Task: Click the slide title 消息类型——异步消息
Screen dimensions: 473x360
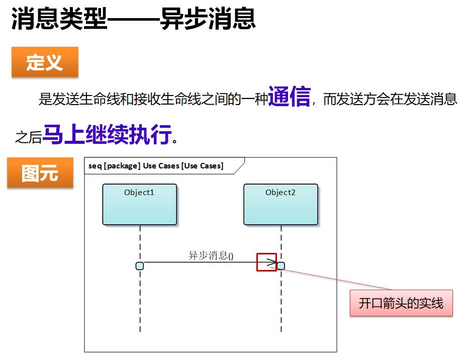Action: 134,19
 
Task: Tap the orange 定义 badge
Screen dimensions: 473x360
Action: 45,62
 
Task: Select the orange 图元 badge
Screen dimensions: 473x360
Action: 40,172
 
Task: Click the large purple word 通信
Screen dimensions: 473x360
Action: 290,97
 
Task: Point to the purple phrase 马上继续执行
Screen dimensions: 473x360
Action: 107,134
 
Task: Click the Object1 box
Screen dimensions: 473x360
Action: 140,204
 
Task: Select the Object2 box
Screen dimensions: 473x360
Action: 281,204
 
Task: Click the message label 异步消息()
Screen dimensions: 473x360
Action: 211,255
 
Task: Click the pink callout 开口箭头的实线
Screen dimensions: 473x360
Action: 401,303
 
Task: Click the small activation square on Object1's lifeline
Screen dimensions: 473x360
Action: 140,266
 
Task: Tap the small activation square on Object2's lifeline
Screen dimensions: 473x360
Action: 281,266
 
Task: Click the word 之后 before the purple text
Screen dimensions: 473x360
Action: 28,137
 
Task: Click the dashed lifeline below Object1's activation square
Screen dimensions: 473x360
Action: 140,301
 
